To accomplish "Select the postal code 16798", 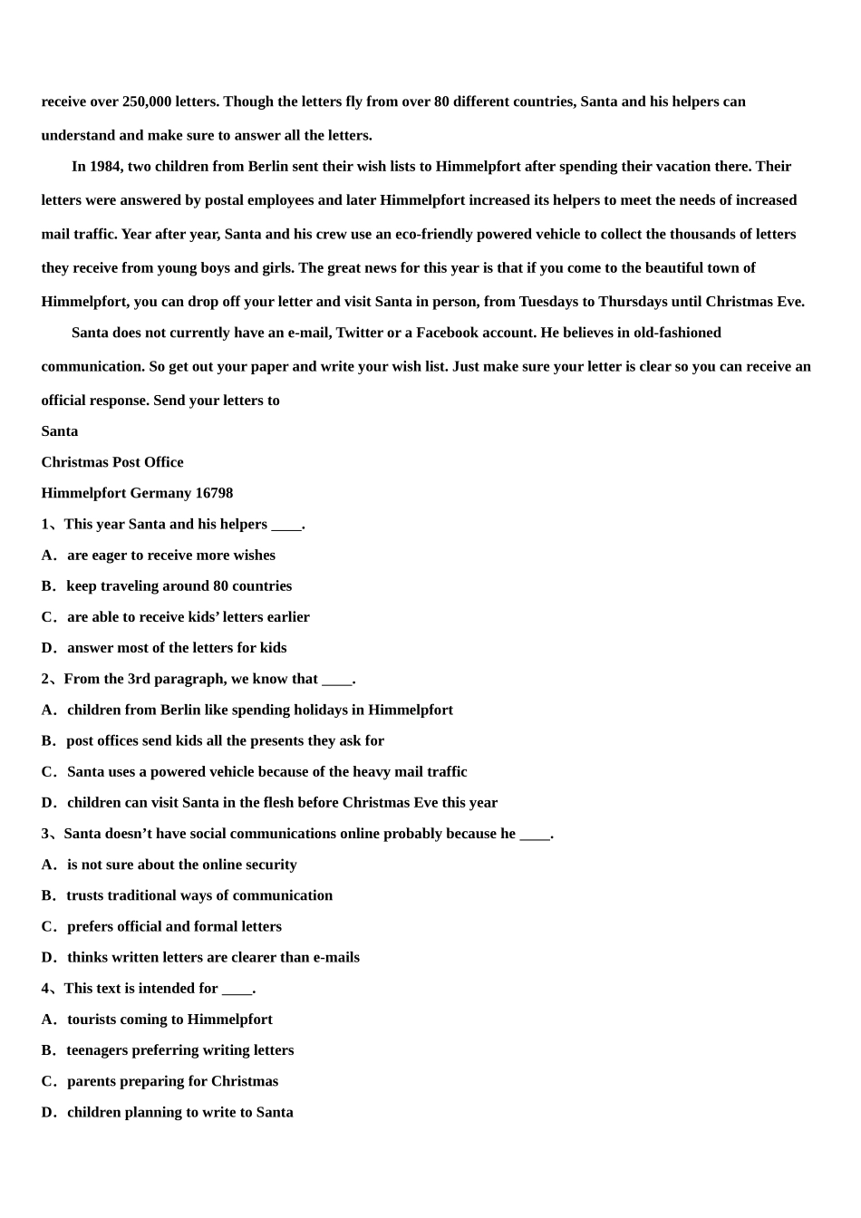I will pyautogui.click(x=214, y=493).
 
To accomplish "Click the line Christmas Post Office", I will pyautogui.click(x=112, y=462).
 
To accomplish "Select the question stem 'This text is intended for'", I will pyautogui.click(x=149, y=989).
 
